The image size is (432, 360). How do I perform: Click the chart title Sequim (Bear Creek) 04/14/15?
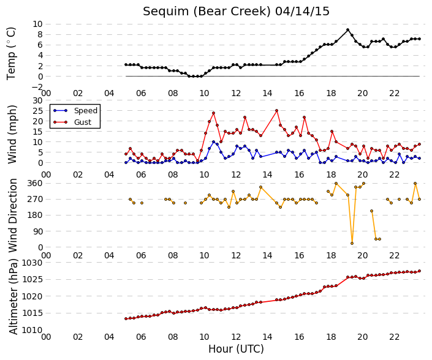pyautogui.click(x=236, y=11)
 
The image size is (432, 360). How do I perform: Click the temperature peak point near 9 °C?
pyautogui.click(x=347, y=30)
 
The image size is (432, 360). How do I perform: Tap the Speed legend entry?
pyautogui.click(x=75, y=111)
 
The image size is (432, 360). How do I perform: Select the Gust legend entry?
pyautogui.click(x=72, y=122)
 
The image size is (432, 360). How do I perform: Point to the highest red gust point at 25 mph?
pyautogui.click(x=276, y=111)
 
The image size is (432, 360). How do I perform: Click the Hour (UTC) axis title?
pyautogui.click(x=236, y=349)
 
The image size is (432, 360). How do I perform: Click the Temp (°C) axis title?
pyautogui.click(x=12, y=53)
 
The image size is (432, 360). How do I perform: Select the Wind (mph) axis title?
pyautogui.click(x=12, y=134)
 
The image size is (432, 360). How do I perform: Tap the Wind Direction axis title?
pyautogui.click(x=12, y=216)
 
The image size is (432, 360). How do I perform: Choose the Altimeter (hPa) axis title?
pyautogui.click(x=13, y=297)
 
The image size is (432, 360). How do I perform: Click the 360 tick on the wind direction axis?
pyautogui.click(x=35, y=183)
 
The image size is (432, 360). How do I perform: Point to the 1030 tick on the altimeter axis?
pyautogui.click(x=32, y=263)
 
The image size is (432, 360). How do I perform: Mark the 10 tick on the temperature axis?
pyautogui.click(x=38, y=24)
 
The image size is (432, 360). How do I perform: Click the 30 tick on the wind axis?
pyautogui.click(x=38, y=100)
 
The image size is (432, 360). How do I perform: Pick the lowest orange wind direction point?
pyautogui.click(x=352, y=243)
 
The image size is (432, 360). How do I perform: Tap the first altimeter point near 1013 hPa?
pyautogui.click(x=126, y=319)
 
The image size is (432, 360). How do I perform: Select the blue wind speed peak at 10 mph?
pyautogui.click(x=213, y=142)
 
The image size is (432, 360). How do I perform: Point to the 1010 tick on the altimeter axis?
pyautogui.click(x=32, y=330)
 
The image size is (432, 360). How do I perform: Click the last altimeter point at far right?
pyautogui.click(x=419, y=271)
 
